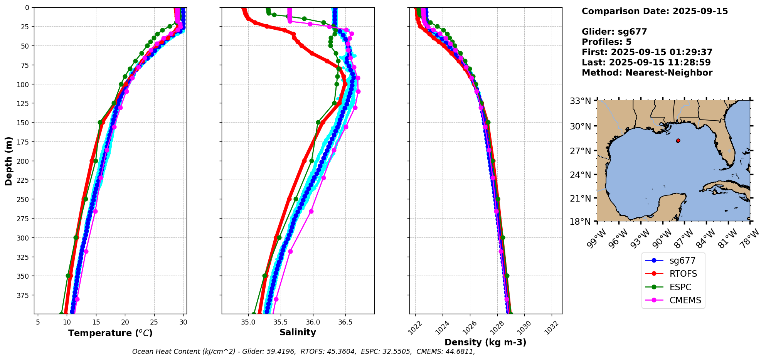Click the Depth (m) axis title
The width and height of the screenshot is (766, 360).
point(8,161)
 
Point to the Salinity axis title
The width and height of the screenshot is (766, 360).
point(298,333)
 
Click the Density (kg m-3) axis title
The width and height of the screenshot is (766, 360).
point(485,342)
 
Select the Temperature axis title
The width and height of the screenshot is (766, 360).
point(110,333)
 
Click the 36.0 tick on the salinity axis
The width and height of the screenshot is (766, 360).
point(313,322)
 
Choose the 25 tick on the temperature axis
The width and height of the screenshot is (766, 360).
point(154,322)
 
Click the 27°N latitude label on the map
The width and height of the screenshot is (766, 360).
point(580,151)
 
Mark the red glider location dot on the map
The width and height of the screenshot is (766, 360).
point(678,141)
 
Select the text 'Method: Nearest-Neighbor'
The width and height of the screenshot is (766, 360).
point(647,73)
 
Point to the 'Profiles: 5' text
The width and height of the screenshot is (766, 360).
point(606,42)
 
